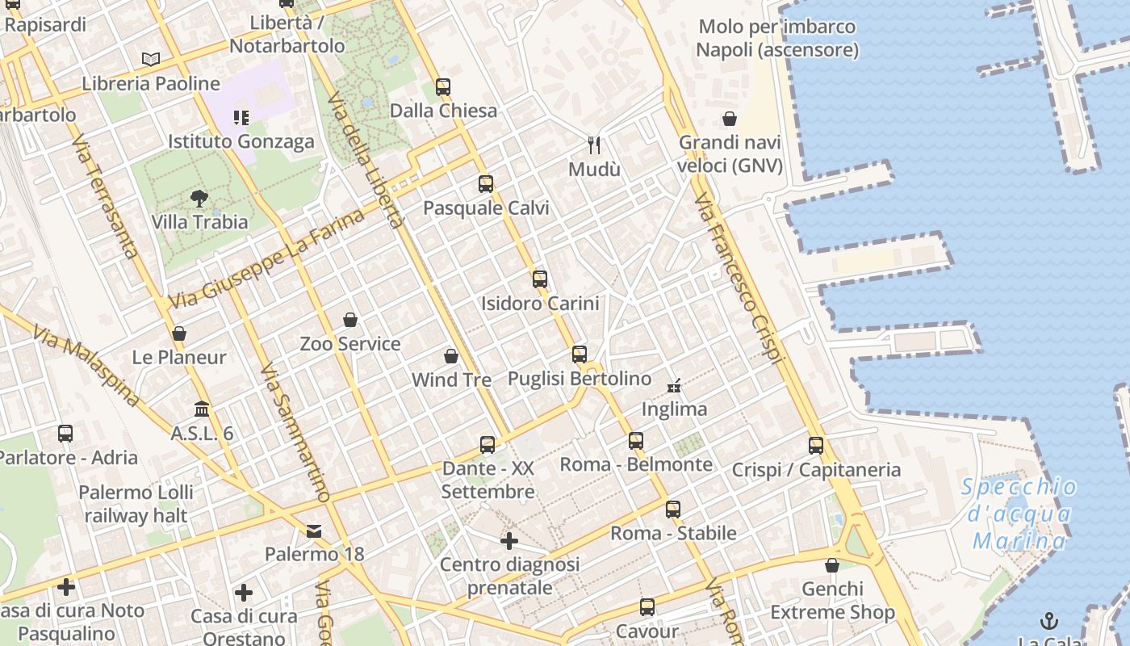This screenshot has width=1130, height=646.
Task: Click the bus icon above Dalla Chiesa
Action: [442, 87]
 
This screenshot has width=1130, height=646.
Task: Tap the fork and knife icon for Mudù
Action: [595, 145]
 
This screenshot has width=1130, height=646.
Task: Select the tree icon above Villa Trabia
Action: [199, 198]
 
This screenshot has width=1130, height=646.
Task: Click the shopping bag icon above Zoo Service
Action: [350, 320]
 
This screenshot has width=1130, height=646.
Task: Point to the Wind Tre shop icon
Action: [451, 356]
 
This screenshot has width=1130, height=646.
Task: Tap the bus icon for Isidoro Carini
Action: [540, 279]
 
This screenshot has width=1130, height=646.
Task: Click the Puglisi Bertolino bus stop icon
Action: [580, 354]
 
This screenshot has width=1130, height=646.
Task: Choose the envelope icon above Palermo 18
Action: [314, 531]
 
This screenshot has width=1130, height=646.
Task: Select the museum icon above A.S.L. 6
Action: [202, 409]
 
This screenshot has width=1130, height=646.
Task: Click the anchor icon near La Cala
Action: [1049, 621]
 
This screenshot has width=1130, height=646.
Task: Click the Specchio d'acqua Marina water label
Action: [1019, 514]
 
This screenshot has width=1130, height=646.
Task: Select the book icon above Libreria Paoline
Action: [151, 59]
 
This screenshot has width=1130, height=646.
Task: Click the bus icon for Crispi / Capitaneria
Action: [816, 445]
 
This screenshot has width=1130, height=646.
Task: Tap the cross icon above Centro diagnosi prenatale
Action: [509, 540]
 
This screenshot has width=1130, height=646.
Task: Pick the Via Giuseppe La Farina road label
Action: [266, 258]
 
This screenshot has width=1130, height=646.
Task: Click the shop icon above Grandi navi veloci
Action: [730, 119]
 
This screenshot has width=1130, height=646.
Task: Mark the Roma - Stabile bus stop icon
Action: [673, 510]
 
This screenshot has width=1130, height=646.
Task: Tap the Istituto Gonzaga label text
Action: [241, 141]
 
